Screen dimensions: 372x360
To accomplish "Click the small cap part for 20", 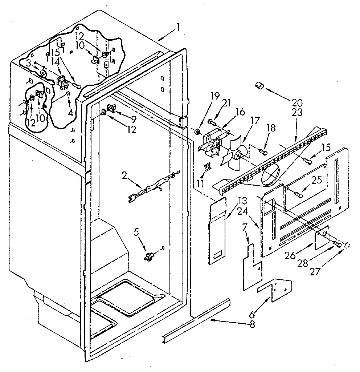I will (259, 86).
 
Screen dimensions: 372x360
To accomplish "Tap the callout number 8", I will (252, 324).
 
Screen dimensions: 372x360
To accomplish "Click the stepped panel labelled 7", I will (251, 269).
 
